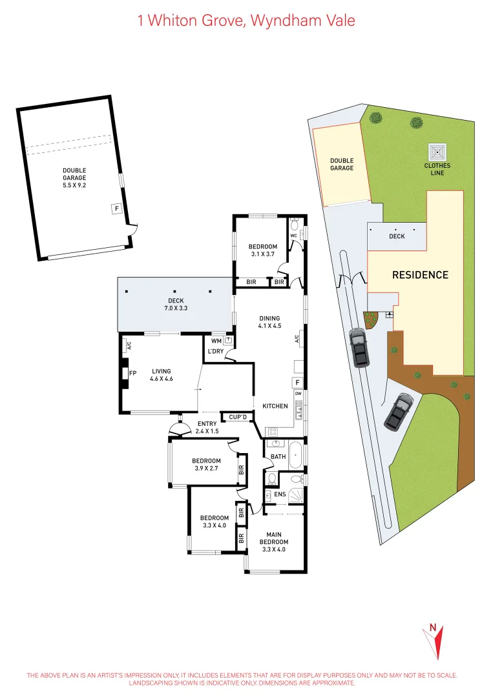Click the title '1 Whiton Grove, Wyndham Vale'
click(x=246, y=21)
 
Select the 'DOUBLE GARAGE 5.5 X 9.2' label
click(x=74, y=177)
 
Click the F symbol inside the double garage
click(x=116, y=208)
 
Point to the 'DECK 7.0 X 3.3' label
click(x=176, y=305)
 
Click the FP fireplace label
click(x=132, y=373)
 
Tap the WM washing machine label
click(x=216, y=340)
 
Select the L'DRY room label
click(x=215, y=352)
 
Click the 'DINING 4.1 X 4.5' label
click(x=269, y=322)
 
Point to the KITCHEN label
click(x=275, y=406)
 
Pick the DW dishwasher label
click(x=299, y=393)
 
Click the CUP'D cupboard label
click(x=238, y=418)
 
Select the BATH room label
click(x=278, y=456)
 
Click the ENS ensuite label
click(x=280, y=495)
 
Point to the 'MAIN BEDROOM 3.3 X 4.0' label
click(x=274, y=541)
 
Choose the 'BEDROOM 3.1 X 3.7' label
click(x=262, y=250)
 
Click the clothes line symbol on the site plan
click(x=437, y=153)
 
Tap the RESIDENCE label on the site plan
click(x=420, y=275)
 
